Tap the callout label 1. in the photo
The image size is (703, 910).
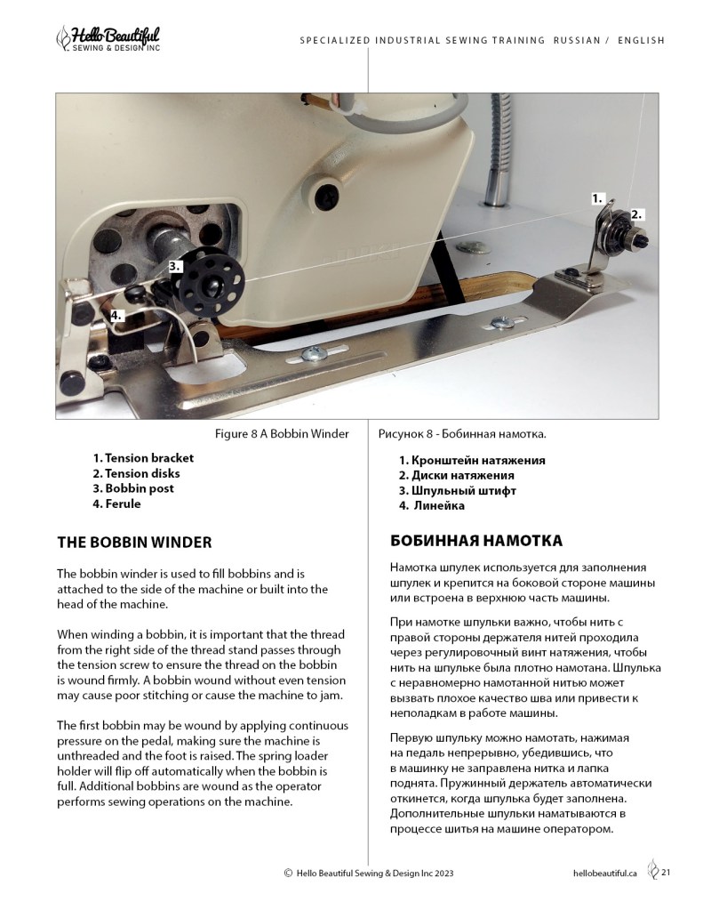tap(599, 198)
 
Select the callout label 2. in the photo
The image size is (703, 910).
tap(636, 214)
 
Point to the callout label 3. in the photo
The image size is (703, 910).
tap(175, 265)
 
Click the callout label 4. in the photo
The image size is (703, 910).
tap(116, 315)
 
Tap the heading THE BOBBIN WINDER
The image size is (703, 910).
tap(134, 541)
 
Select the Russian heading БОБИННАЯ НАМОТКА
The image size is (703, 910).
tap(475, 541)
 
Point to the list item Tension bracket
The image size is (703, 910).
tap(142, 458)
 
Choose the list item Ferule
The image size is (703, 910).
tap(116, 503)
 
